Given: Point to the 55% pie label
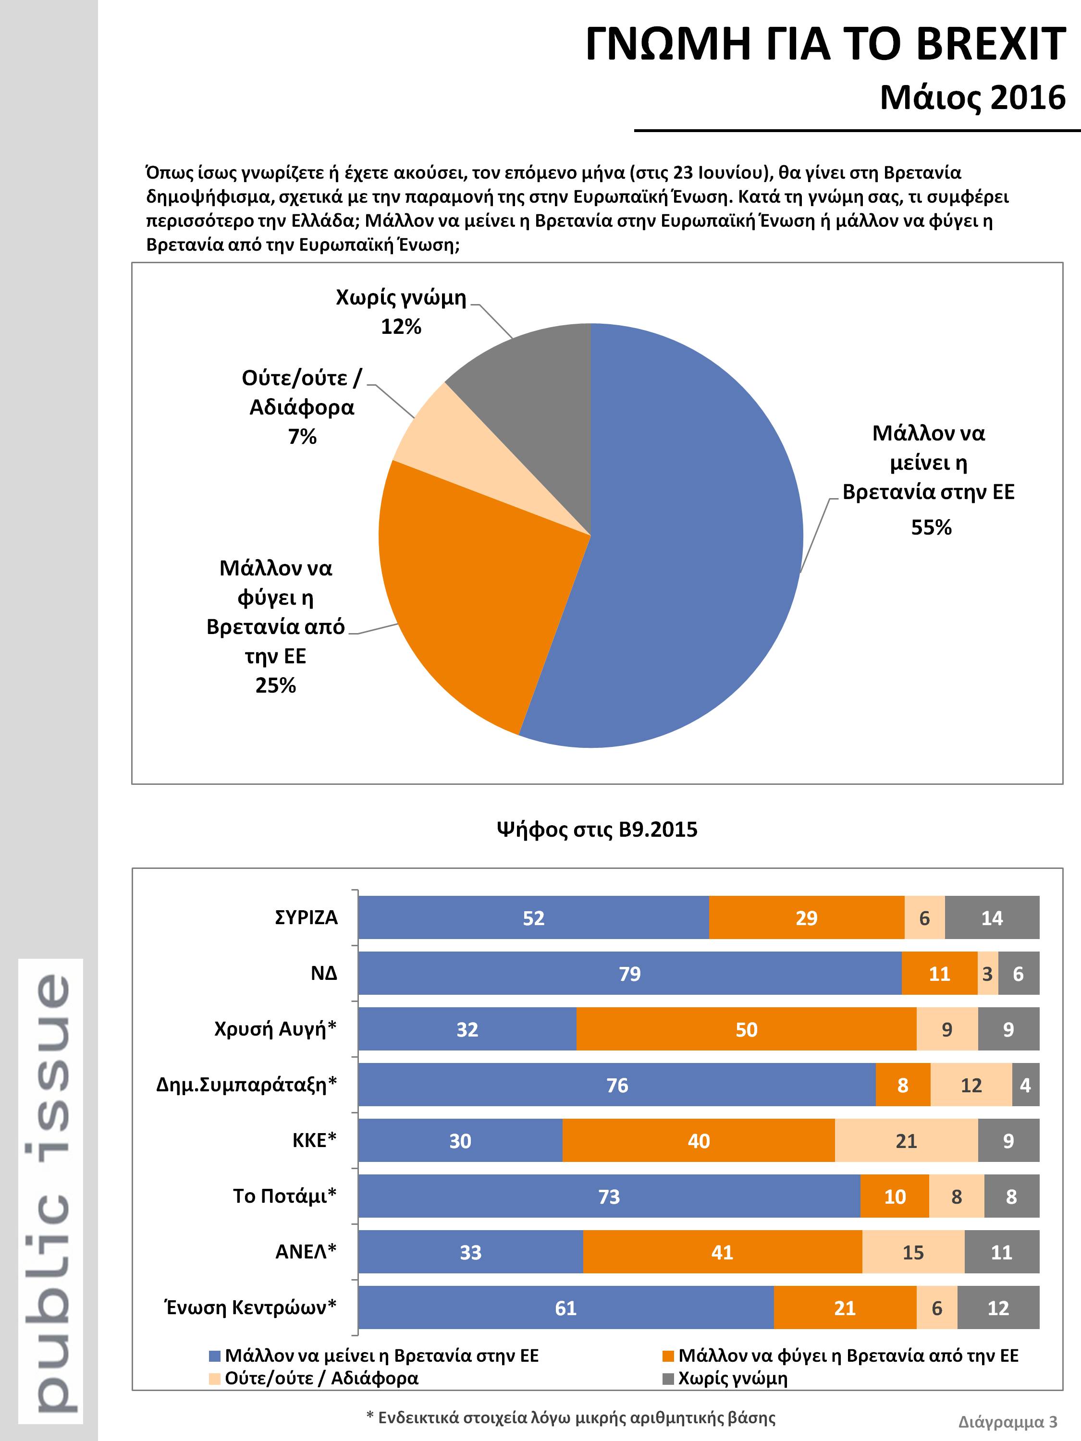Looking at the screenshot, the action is [931, 527].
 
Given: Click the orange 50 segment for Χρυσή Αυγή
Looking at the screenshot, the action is [747, 1029].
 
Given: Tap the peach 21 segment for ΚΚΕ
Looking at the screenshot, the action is [907, 1141].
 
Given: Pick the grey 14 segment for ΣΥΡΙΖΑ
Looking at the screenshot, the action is [993, 918].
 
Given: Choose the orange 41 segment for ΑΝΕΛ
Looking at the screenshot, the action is [723, 1252].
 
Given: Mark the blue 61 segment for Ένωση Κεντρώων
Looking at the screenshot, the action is [566, 1308].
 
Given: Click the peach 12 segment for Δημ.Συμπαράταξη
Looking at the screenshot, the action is [971, 1085].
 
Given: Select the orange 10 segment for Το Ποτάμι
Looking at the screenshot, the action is [895, 1197].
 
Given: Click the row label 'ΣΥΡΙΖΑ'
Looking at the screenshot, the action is [306, 918].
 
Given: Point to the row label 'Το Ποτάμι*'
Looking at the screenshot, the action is [285, 1197].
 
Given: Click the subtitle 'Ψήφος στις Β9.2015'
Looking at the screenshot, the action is [597, 829].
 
